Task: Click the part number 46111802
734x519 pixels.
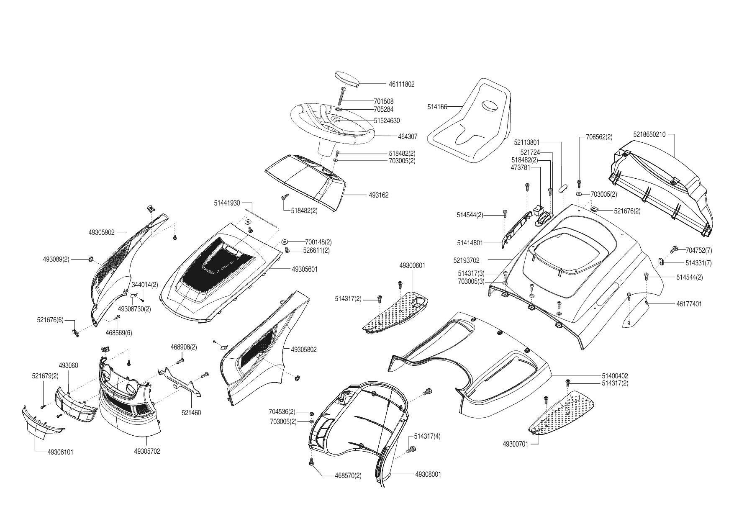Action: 401,84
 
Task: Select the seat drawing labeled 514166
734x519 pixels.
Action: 471,126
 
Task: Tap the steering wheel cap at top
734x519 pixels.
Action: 347,79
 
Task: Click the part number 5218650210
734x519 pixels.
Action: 649,135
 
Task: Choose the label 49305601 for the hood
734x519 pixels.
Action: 305,269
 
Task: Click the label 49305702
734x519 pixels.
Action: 147,451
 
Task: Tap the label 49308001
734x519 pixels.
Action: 428,474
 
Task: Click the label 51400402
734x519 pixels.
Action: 615,376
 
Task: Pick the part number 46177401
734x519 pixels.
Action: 689,304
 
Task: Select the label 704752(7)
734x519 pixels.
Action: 698,250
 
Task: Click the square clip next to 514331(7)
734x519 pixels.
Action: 661,261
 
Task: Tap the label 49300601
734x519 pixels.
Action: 412,265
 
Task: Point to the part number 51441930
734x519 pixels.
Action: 227,203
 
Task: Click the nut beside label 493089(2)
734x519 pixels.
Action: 90,260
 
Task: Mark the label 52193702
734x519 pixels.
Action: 466,260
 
